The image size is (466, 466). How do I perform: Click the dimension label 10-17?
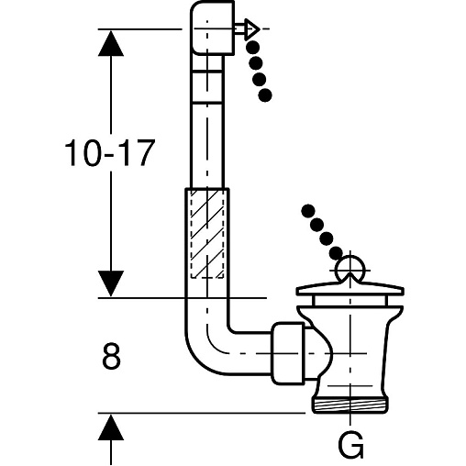click(x=108, y=153)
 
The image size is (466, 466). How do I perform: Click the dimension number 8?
click(x=111, y=356)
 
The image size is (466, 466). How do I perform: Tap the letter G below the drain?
click(x=350, y=445)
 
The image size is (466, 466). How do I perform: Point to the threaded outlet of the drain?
click(x=350, y=405)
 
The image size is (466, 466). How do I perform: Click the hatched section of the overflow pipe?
click(x=207, y=234)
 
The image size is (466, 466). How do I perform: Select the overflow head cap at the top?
click(x=213, y=28)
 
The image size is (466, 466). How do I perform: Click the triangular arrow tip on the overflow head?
click(x=252, y=29)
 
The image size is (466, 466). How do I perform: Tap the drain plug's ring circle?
click(x=350, y=270)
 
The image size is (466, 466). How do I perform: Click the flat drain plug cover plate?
click(x=350, y=290)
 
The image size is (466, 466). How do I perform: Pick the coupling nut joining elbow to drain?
click(x=288, y=353)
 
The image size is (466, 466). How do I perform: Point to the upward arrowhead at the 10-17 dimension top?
click(x=111, y=43)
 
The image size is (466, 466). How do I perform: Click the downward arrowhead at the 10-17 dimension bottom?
click(x=111, y=283)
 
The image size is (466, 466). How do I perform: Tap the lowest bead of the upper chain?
click(x=265, y=95)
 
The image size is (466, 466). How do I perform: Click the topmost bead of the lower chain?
click(x=308, y=211)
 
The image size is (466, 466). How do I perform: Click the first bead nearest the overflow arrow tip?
click(x=253, y=48)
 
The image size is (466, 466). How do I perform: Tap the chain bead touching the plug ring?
click(x=336, y=252)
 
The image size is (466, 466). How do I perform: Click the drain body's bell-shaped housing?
click(x=350, y=351)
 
